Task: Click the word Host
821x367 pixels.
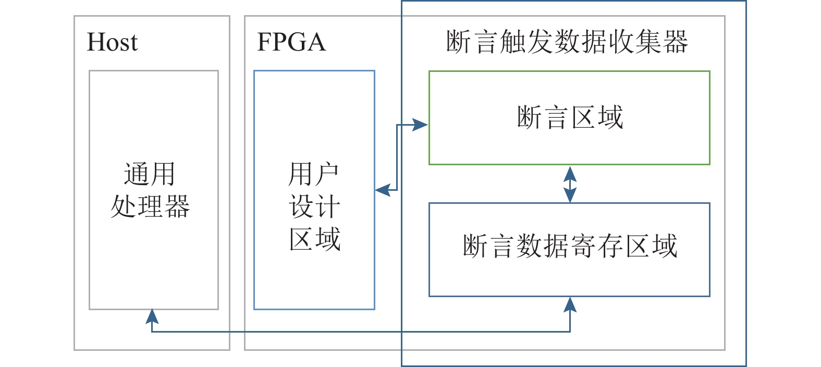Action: click(x=112, y=42)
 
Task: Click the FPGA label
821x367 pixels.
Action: click(x=291, y=42)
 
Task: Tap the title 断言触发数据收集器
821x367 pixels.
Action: click(x=567, y=42)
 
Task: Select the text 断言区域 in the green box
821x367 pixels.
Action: click(x=570, y=117)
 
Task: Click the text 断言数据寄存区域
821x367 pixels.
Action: click(x=570, y=246)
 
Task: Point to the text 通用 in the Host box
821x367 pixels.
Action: click(x=150, y=174)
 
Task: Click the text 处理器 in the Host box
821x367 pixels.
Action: click(x=150, y=206)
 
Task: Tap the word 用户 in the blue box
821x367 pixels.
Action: click(x=314, y=174)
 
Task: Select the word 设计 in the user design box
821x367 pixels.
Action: click(x=314, y=206)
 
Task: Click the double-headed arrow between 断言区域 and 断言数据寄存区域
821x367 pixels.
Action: click(x=570, y=184)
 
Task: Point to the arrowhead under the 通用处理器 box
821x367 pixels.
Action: click(x=152, y=316)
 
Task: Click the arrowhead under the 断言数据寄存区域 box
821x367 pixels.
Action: click(x=570, y=304)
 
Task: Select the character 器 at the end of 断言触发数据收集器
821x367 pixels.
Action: click(x=676, y=42)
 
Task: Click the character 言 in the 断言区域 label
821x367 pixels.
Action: click(x=556, y=117)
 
